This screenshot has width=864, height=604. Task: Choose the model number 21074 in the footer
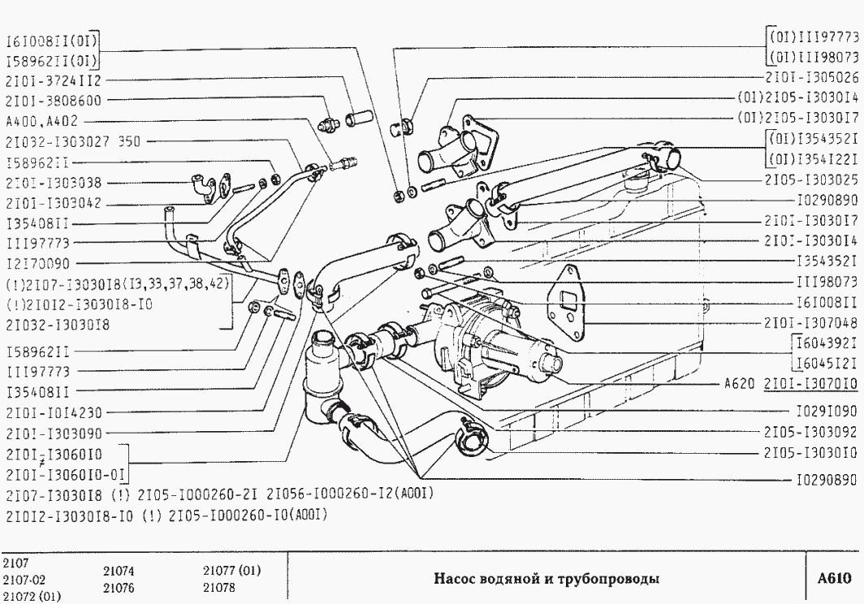(119, 572)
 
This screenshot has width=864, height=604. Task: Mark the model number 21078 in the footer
(219, 586)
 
